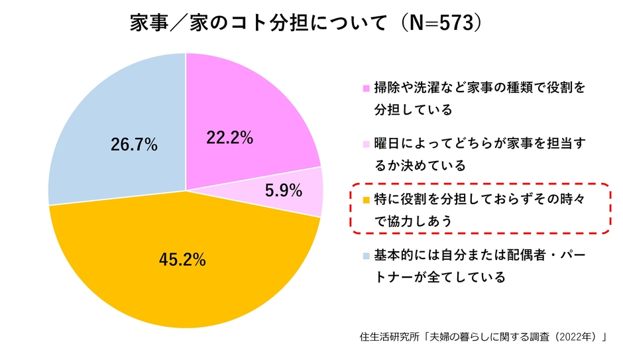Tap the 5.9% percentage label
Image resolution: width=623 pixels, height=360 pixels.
click(x=283, y=191)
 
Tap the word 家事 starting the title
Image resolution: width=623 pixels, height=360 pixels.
click(x=146, y=24)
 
